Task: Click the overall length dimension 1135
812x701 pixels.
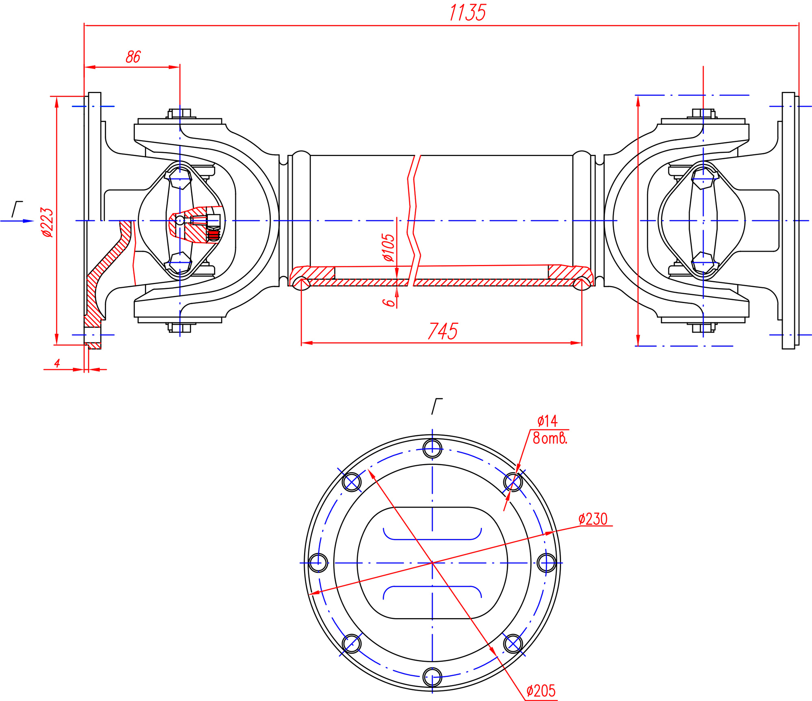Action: tap(467, 13)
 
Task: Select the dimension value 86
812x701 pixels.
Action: tap(133, 57)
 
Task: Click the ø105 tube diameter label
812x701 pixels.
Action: tap(388, 247)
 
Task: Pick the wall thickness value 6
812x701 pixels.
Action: tap(388, 302)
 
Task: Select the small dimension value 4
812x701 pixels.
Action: tap(57, 363)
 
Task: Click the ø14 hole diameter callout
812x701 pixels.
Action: tap(547, 421)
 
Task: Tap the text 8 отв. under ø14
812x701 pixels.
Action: tap(549, 438)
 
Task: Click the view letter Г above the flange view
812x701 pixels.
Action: tap(436, 406)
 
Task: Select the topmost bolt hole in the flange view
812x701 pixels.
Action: tap(432, 449)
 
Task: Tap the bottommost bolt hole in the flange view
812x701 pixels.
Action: tap(432, 677)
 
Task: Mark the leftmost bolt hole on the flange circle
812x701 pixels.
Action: tap(318, 563)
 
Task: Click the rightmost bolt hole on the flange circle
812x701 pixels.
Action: tap(546, 563)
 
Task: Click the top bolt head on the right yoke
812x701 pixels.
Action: tap(703, 113)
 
